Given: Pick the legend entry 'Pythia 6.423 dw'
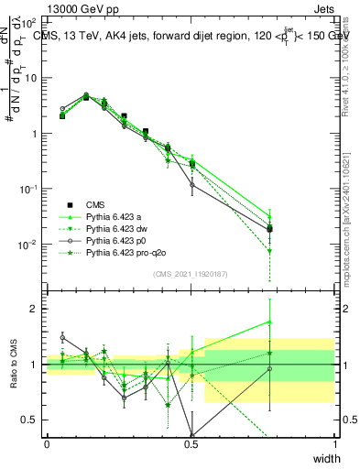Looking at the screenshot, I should click(118, 228).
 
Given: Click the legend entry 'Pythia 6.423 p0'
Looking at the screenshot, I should click(118, 240).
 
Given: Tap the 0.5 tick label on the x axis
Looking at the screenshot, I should click(191, 444).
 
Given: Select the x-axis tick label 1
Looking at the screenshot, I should click(334, 444).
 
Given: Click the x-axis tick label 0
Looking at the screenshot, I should click(47, 444).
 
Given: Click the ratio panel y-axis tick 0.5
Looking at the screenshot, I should click(31, 420).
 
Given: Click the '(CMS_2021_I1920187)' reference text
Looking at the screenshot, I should click(190, 274).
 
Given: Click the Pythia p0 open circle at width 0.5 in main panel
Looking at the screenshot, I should click(191, 185).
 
